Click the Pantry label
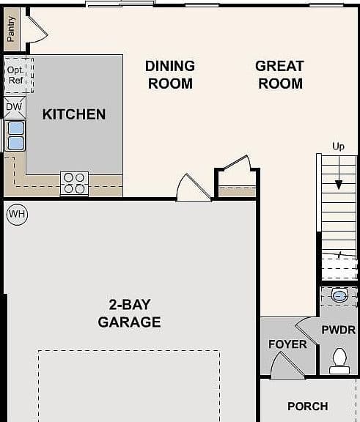pos(11,29)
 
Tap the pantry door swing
pos(37,29)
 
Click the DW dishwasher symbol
pos(14,107)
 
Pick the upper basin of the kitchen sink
pos(16,127)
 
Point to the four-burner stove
pos(74,183)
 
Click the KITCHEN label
pos(74,114)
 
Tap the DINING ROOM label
pos(170,75)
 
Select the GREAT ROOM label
pos(280,75)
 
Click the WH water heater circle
pos(18,215)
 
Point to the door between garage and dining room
pos(194,188)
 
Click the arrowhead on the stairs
pos(339,185)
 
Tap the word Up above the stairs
pos(338,147)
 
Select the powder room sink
pos(339,295)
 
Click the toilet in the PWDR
pos(339,360)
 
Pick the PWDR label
pos(339,330)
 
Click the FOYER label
pos(287,344)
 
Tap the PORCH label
pos(308,407)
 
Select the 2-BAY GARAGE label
pos(130,314)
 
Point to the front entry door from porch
pos(287,366)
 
